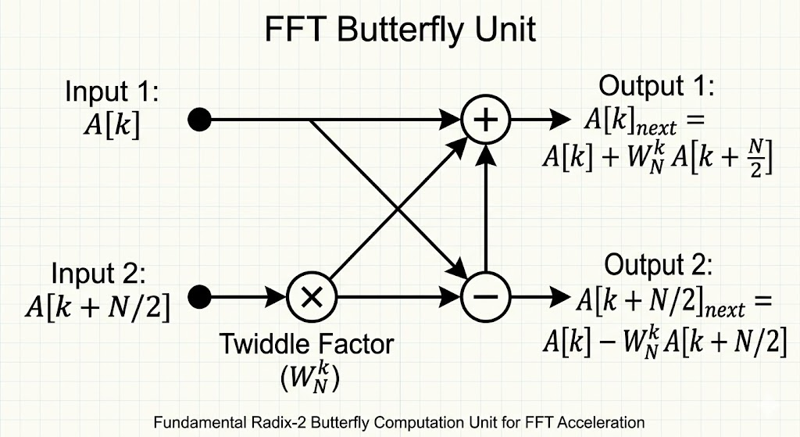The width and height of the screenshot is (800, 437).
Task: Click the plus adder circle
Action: pyautogui.click(x=486, y=120)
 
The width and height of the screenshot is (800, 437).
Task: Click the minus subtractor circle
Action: pyautogui.click(x=486, y=296)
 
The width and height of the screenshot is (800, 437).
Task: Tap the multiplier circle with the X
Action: pyautogui.click(x=311, y=296)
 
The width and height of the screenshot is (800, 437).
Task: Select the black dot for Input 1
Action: pyautogui.click(x=200, y=120)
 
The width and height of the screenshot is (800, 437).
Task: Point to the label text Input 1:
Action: pyautogui.click(x=112, y=92)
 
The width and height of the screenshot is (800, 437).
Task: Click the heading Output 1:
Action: pyautogui.click(x=655, y=85)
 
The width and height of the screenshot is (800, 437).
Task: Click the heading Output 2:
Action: pyautogui.click(x=659, y=265)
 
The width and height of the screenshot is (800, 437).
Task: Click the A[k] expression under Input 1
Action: pyautogui.click(x=112, y=124)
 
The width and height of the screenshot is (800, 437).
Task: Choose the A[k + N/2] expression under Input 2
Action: pyautogui.click(x=98, y=306)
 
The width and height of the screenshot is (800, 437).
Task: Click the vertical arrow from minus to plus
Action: pyautogui.click(x=486, y=211)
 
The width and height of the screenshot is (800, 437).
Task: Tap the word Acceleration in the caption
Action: pyautogui.click(x=608, y=423)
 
